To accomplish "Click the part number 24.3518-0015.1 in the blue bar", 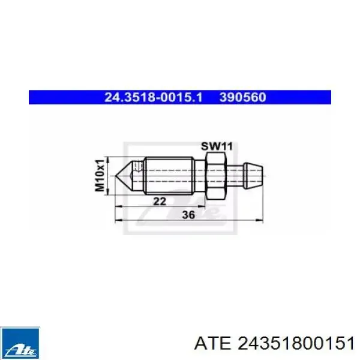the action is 154,97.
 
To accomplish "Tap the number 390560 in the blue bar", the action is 242,97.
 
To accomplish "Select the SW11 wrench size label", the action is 217,146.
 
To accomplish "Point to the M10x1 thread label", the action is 100,175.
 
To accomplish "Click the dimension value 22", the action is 160,202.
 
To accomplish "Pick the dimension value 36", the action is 188,215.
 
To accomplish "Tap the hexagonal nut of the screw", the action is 215,176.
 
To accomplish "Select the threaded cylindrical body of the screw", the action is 169,176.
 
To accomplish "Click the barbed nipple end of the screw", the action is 253,176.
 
